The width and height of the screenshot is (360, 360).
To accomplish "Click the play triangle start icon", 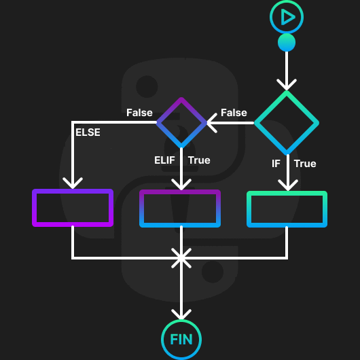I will pyautogui.click(x=287, y=17).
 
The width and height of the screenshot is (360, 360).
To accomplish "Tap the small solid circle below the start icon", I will pyautogui.click(x=287, y=43).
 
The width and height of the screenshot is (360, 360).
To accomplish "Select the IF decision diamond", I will pyautogui.click(x=287, y=123).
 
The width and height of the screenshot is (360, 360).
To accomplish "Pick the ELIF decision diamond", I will pyautogui.click(x=181, y=122).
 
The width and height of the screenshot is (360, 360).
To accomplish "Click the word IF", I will pyautogui.click(x=276, y=164).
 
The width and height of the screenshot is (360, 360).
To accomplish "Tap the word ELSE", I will pyautogui.click(x=88, y=132).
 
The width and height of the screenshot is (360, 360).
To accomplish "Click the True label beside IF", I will pyautogui.click(x=305, y=164).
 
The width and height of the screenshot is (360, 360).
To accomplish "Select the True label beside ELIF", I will pyautogui.click(x=199, y=160).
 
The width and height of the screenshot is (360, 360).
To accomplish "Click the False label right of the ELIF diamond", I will pyautogui.click(x=234, y=113).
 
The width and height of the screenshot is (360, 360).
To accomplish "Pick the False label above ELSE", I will pyautogui.click(x=139, y=113).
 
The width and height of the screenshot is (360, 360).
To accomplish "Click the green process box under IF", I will pyautogui.click(x=287, y=209).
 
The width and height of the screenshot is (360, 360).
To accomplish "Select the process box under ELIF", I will pyautogui.click(x=181, y=209).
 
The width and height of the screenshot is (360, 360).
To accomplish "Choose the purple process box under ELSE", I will pyautogui.click(x=73, y=208).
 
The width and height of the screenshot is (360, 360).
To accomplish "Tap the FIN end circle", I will pyautogui.click(x=181, y=339).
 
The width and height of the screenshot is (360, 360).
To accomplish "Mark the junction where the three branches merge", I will pyautogui.click(x=181, y=257).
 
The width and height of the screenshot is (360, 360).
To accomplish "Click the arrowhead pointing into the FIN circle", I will pyautogui.click(x=181, y=314).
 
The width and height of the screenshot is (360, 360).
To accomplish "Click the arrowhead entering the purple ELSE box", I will pyautogui.click(x=73, y=183).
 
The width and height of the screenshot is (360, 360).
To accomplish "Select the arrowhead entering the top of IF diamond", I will pyautogui.click(x=287, y=85).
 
